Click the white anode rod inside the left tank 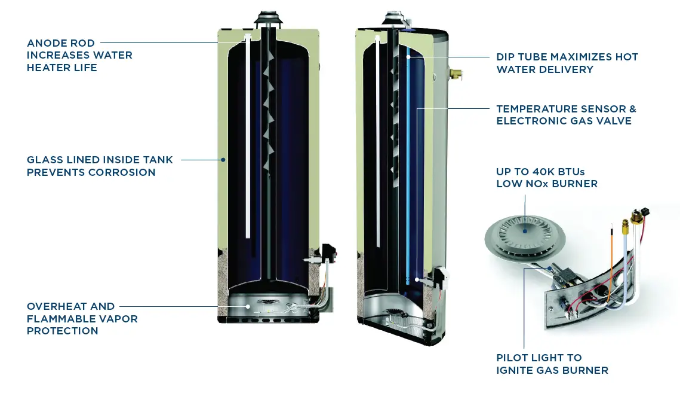pyautogui.click(x=247, y=138)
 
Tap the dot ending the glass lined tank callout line pyautogui.click(x=223, y=160)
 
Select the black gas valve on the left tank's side pyautogui.click(x=327, y=254)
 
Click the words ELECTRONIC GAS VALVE pyautogui.click(x=564, y=121)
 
